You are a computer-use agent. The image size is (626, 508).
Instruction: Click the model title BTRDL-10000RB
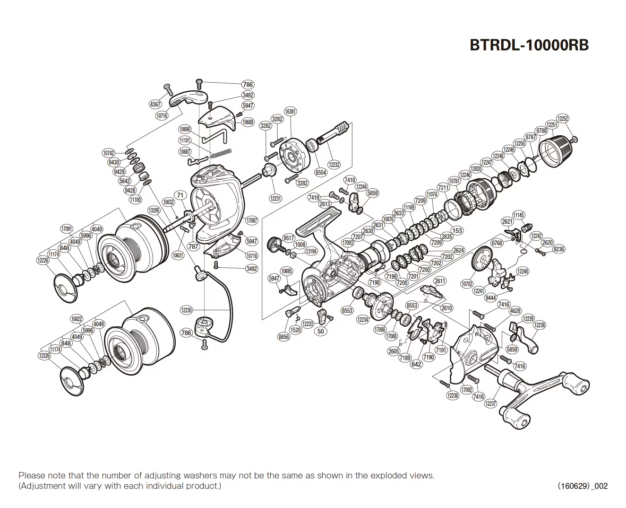(x=529, y=44)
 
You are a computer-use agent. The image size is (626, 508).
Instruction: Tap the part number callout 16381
(x=291, y=112)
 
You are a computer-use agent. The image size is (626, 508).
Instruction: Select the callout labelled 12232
(x=334, y=165)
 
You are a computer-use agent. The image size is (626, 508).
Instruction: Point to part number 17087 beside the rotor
(x=252, y=220)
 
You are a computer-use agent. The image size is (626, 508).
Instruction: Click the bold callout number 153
(x=457, y=231)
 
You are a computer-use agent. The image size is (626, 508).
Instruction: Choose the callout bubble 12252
(x=563, y=119)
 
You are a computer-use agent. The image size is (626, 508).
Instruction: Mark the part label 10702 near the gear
(x=467, y=284)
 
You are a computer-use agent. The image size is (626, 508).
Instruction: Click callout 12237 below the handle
(x=490, y=403)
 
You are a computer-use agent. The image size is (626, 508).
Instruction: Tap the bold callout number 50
(x=321, y=331)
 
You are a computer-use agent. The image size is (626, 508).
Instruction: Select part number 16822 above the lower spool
(x=77, y=319)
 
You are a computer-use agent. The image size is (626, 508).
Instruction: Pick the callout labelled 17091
(x=67, y=229)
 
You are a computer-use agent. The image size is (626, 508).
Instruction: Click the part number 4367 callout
(x=155, y=105)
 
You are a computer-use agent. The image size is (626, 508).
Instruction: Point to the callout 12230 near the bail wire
(x=187, y=310)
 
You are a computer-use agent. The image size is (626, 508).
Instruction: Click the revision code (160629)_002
(x=583, y=486)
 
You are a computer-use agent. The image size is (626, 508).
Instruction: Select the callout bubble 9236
(x=558, y=249)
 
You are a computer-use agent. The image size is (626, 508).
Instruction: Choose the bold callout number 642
(x=416, y=364)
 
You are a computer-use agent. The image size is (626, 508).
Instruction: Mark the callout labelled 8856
(x=284, y=337)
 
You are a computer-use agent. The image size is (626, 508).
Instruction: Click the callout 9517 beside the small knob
(x=289, y=237)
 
